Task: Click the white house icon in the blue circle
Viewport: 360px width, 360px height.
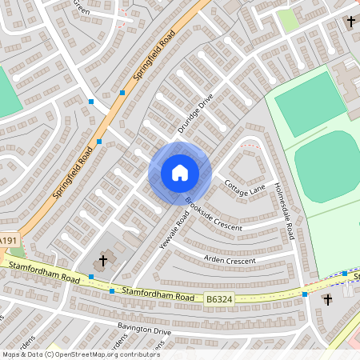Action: tap(180, 173)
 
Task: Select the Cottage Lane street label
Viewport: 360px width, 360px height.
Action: tap(244, 189)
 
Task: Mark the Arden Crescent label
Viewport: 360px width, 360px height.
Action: tap(229, 261)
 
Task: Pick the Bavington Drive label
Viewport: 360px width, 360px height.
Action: tap(145, 330)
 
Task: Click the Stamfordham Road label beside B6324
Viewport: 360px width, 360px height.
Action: tap(158, 294)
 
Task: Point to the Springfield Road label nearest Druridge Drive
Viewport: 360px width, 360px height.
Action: tap(154, 57)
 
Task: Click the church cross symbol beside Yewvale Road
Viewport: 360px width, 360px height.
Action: tap(102, 261)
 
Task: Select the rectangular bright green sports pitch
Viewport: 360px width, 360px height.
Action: tap(310, 104)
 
